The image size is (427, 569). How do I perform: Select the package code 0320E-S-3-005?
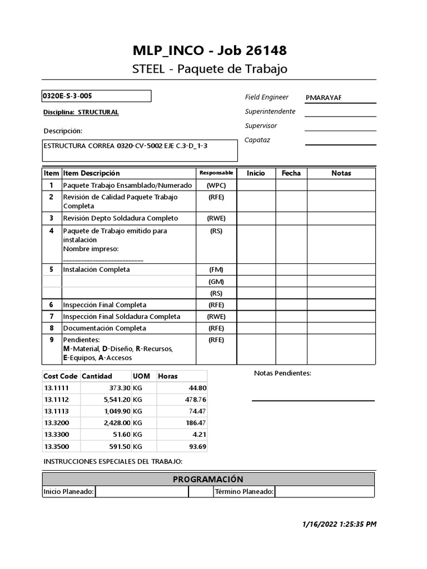pos(68,96)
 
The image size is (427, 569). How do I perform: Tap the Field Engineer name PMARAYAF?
pos(324,98)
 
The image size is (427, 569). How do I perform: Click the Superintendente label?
pos(270,111)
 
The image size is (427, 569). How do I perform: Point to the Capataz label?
pos(257,140)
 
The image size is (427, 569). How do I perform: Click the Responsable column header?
pos(216,173)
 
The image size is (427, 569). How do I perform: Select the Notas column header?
pos(341,173)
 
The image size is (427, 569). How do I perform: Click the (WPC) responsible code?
pos(216,185)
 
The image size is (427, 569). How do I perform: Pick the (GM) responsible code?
pos(216,281)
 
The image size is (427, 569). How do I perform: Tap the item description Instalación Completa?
pos(97,269)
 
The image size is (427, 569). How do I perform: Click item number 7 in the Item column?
pos(51,317)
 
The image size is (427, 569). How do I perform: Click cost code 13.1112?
pos(57,400)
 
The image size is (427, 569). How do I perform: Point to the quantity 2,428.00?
pos(115,423)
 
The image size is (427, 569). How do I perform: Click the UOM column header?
pos(141,376)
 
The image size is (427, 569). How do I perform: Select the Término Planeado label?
pos(244,492)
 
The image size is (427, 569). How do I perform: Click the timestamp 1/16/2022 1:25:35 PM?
pos(340,524)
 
